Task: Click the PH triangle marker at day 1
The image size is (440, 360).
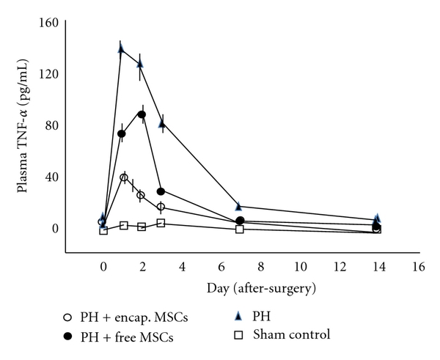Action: [122, 49]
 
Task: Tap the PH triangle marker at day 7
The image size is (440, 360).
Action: [239, 207]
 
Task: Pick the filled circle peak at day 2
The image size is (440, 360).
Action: [142, 114]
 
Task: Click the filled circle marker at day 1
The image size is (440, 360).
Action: [122, 133]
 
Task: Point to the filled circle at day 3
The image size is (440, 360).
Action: [161, 191]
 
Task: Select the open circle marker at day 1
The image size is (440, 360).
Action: [124, 177]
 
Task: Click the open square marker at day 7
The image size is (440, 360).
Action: [239, 229]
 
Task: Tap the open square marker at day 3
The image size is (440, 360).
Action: [161, 223]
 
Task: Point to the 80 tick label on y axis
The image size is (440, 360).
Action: [49, 125]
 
